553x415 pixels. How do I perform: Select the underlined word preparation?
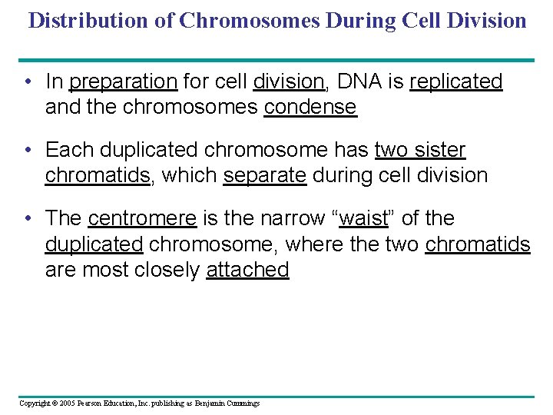coord(124,81)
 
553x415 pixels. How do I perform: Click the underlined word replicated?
coord(456,81)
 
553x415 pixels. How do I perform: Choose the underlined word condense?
coord(310,106)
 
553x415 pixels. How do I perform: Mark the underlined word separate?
coord(265,174)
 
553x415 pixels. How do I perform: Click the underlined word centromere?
coord(142,218)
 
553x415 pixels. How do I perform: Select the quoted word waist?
coord(363,218)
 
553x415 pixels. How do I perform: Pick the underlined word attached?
coord(247,269)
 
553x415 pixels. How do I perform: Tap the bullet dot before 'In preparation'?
coord(27,81)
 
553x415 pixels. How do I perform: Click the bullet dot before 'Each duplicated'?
coord(27,150)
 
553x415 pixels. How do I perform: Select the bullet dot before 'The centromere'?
coord(27,218)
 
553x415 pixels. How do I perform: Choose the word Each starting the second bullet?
coord(63,150)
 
